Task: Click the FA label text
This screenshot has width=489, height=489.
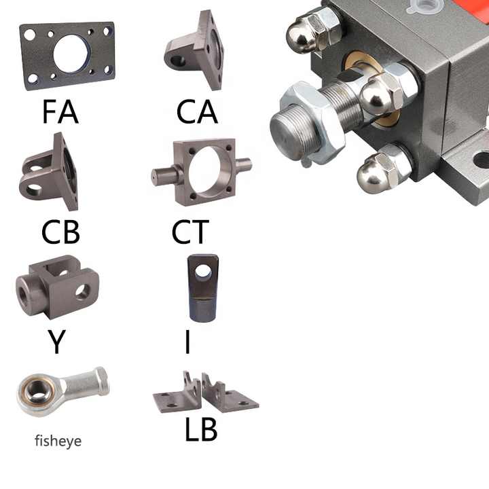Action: (60, 111)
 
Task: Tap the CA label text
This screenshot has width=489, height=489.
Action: (197, 111)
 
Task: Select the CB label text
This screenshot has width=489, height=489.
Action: (60, 232)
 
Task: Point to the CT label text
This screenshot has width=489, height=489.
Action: (190, 232)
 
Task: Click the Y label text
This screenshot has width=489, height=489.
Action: (56, 342)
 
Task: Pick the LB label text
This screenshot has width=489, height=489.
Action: (201, 429)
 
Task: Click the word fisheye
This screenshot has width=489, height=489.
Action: (58, 441)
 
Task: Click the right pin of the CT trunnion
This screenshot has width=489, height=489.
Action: (244, 164)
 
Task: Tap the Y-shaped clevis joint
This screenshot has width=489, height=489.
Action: (58, 287)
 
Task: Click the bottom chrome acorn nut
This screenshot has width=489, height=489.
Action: (384, 168)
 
